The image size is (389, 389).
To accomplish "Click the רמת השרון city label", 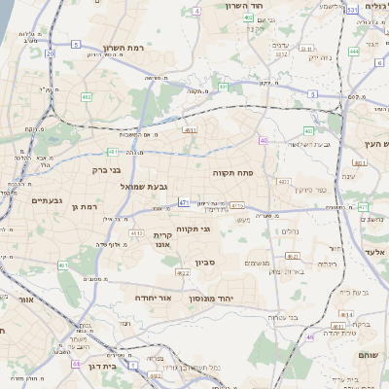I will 124,48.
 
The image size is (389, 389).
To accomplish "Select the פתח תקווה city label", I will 232,171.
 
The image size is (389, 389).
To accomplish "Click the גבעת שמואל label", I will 146,186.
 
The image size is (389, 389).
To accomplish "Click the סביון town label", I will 204,262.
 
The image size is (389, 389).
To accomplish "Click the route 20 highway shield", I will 50,53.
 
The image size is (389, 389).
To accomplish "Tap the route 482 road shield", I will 86,96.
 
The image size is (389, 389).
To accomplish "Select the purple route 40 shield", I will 264,140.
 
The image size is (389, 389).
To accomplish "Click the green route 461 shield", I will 62,265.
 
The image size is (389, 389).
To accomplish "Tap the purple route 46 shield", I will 309,337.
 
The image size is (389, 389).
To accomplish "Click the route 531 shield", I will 352,10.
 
